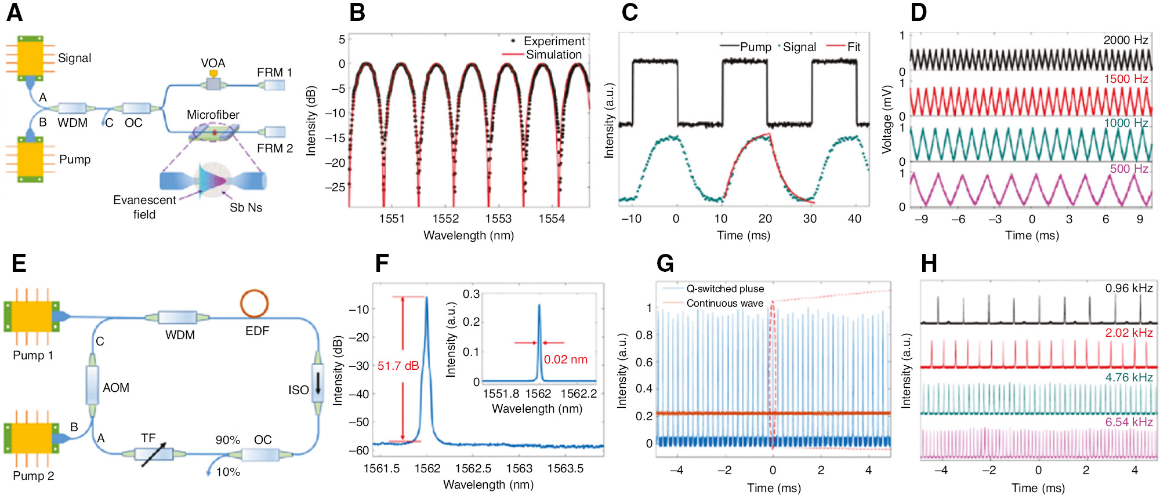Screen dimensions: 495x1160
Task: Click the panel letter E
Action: coord(19,263)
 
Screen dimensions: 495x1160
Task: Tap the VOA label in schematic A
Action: coord(213,63)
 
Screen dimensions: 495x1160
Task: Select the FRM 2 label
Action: coord(275,148)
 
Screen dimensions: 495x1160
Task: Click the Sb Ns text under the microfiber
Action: coord(246,208)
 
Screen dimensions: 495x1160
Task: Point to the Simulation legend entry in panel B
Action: coord(553,54)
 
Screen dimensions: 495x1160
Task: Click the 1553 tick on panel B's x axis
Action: coord(498,219)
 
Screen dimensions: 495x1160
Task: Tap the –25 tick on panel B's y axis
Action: coord(335,187)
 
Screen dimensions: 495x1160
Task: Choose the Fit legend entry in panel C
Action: coord(853,47)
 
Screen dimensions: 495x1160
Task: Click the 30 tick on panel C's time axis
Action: coord(810,219)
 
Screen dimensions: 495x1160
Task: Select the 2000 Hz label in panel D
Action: coord(1125,40)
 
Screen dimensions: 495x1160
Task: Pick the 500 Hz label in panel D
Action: coord(1129,169)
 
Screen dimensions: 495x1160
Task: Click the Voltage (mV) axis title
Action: coord(886,119)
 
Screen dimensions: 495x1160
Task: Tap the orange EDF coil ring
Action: coord(254,303)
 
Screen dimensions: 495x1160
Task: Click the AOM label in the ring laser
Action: coord(116,388)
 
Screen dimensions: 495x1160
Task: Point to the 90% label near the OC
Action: coord(227,440)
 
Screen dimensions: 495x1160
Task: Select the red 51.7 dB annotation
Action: coord(398,366)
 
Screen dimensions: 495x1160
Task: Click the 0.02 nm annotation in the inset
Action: coord(565,359)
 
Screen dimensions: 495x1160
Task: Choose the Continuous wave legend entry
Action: coord(724,303)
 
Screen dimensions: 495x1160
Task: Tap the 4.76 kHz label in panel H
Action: coord(1129,377)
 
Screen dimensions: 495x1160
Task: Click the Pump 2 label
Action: coord(34,476)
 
